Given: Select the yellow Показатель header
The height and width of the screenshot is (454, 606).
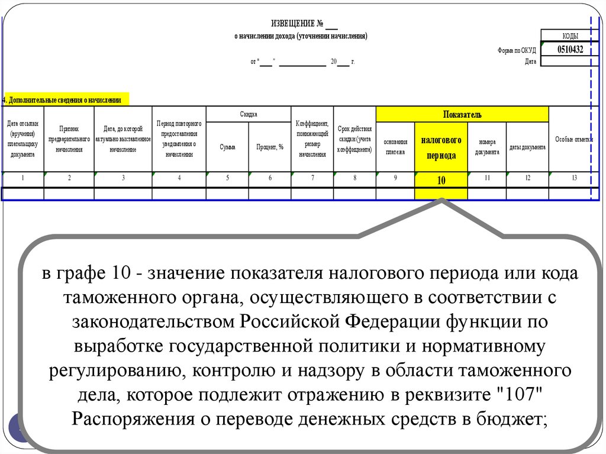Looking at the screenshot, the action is click(x=462, y=114).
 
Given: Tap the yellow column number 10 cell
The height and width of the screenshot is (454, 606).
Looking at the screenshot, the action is click(x=441, y=181).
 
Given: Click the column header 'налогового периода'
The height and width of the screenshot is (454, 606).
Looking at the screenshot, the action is click(x=441, y=147).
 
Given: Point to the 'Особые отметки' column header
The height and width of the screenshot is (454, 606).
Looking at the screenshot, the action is click(x=573, y=139).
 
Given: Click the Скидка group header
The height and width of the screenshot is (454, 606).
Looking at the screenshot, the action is click(x=249, y=114).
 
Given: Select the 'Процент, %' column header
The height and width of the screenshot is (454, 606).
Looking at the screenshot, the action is click(x=270, y=147).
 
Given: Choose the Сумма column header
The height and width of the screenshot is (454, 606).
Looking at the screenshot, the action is click(x=227, y=147).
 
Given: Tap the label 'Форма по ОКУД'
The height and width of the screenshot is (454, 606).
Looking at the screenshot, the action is click(x=517, y=51).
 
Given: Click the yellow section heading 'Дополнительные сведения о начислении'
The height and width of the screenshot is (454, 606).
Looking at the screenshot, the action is click(x=65, y=100).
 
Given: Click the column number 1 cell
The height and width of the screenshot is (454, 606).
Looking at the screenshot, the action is click(x=22, y=178).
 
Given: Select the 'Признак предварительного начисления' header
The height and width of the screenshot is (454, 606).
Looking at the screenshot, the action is click(x=69, y=139).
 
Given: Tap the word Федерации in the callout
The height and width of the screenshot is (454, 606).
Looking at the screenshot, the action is click(x=391, y=323).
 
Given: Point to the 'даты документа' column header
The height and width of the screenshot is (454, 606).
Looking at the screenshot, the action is click(x=527, y=147).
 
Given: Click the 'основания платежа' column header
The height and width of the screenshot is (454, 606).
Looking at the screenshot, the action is click(x=395, y=147).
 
